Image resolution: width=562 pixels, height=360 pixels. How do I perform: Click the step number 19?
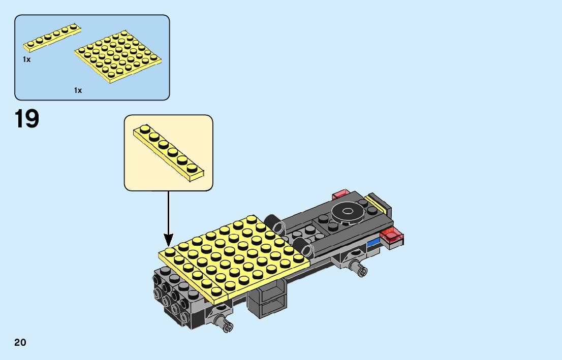point(27,119)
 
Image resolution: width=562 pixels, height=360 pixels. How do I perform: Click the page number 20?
point(20,342)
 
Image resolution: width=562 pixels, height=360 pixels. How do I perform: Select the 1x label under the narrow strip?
point(26,59)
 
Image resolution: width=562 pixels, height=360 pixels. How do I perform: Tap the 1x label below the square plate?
point(78,90)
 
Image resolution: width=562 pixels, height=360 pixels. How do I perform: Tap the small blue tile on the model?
point(373,241)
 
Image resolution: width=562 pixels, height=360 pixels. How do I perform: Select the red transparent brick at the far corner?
point(340,194)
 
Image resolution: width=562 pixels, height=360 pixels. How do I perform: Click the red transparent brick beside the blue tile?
point(393,236)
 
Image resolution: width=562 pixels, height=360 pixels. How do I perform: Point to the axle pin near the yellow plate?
point(224,321)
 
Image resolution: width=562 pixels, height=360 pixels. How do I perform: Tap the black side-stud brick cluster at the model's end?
point(173,294)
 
